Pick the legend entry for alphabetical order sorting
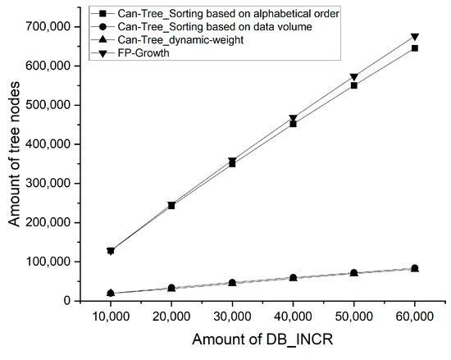click(x=225, y=13)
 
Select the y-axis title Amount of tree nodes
click(x=16, y=161)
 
